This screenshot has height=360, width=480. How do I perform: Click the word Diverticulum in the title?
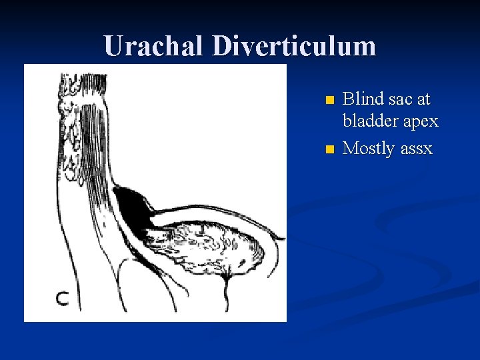(295, 46)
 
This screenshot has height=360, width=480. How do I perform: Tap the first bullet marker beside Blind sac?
(328, 101)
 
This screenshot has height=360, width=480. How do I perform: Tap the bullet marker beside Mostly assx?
(328, 149)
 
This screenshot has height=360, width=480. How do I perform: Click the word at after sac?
(424, 100)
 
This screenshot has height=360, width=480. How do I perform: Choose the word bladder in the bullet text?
(371, 121)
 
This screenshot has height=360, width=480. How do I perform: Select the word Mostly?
(369, 148)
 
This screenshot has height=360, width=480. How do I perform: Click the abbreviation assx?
(417, 149)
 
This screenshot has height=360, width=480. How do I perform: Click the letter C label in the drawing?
(62, 299)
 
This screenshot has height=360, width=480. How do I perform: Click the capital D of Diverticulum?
(224, 46)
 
